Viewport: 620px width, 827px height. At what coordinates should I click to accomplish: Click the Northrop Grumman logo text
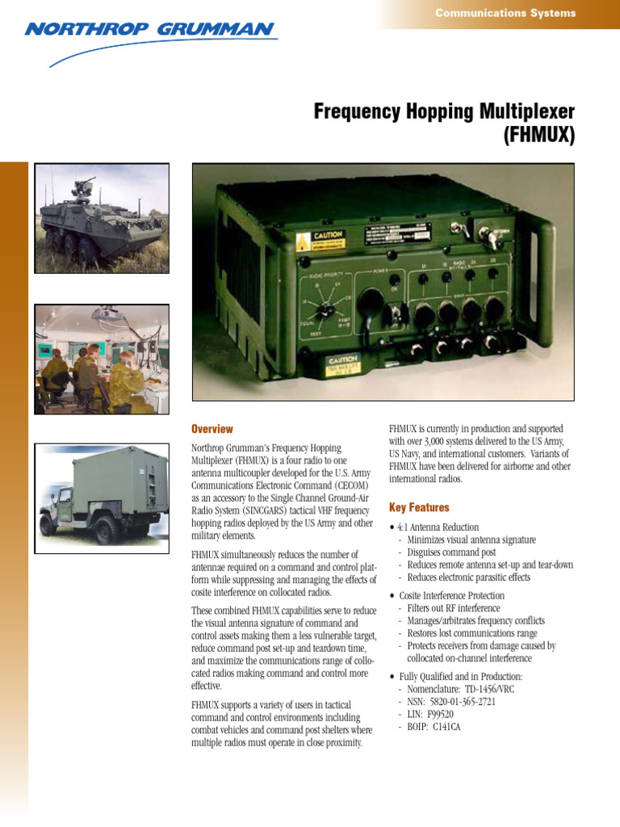click(x=149, y=30)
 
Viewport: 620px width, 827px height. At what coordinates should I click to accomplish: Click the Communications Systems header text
click(x=505, y=13)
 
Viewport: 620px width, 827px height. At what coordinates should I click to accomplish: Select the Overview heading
click(x=212, y=429)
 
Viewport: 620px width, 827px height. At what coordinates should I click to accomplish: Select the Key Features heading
click(x=419, y=508)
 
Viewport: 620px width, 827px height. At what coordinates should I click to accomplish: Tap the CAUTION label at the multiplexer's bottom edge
click(x=350, y=362)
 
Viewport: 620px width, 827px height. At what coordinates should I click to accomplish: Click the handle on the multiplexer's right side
click(x=549, y=283)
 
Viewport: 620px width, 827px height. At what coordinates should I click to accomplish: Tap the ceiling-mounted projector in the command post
click(x=106, y=313)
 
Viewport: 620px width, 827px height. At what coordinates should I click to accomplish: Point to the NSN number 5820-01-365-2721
click(x=461, y=702)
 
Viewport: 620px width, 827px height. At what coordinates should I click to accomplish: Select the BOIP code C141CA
click(x=446, y=728)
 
